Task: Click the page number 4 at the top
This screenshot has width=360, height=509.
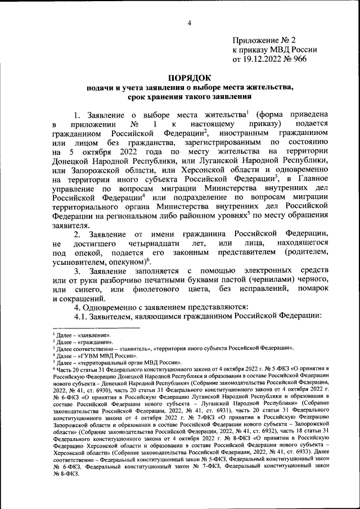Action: coord(190,22)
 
